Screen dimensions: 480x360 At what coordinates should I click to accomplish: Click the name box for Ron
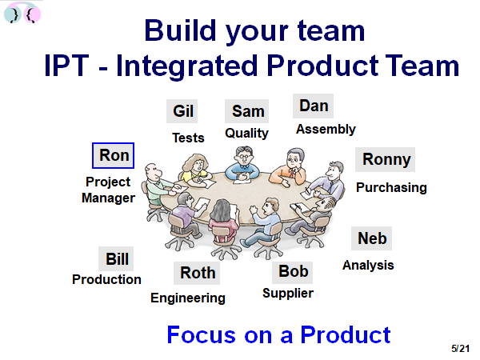pyautogui.click(x=114, y=155)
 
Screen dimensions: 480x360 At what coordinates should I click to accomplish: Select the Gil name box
pyautogui.click(x=182, y=111)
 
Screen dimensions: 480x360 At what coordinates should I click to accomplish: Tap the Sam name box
pyautogui.click(x=246, y=111)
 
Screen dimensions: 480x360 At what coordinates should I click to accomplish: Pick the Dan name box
pyautogui.click(x=313, y=106)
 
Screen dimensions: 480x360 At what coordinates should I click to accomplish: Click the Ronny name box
pyautogui.click(x=385, y=159)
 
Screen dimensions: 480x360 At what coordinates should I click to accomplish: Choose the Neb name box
pyautogui.click(x=372, y=238)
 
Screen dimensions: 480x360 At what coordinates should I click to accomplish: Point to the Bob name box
pyautogui.click(x=293, y=273)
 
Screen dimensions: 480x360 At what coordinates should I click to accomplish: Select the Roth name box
pyautogui.click(x=197, y=273)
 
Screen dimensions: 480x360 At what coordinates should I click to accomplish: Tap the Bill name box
pyautogui.click(x=116, y=258)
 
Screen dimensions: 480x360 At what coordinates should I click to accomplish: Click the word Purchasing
pyautogui.click(x=391, y=188)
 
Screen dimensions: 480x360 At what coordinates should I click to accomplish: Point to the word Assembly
pyautogui.click(x=326, y=129)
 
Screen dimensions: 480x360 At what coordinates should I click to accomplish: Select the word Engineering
pyautogui.click(x=188, y=298)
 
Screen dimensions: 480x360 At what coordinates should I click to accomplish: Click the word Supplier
pyautogui.click(x=288, y=294)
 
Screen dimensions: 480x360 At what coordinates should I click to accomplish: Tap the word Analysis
pyautogui.click(x=368, y=265)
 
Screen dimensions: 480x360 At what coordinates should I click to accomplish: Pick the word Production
pyautogui.click(x=106, y=279)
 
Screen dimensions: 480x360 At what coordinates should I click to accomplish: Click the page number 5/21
pyautogui.click(x=460, y=349)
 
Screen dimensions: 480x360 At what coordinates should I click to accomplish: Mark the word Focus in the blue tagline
pyautogui.click(x=201, y=334)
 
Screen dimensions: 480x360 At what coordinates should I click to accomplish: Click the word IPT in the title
pyautogui.click(x=66, y=66)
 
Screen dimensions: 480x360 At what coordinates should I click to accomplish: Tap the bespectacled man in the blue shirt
pyautogui.click(x=242, y=165)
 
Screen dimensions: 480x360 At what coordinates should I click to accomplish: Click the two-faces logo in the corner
pyautogui.click(x=22, y=13)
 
